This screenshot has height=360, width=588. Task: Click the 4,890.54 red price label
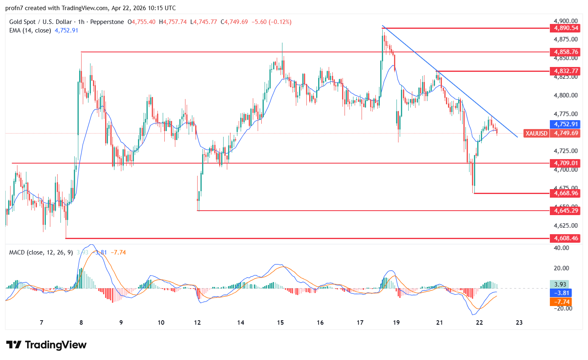pos(564,28)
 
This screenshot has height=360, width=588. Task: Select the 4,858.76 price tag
pos(564,52)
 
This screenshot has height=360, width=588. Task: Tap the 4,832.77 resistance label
pos(564,71)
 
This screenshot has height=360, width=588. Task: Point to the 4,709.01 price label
pos(564,163)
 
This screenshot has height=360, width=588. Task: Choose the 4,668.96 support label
pos(564,193)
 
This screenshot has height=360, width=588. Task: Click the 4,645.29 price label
pos(564,210)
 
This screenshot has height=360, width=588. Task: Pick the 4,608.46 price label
pos(564,238)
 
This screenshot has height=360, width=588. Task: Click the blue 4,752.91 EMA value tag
pos(564,125)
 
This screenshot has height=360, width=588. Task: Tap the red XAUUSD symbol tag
pos(536,133)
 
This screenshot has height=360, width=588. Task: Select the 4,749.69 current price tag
pos(564,133)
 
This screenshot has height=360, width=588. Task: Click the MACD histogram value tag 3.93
pos(560,285)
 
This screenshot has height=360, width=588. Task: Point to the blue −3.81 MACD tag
pos(560,293)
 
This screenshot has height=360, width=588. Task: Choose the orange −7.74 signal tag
pos(560,302)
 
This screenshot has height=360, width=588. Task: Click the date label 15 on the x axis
pos(280,323)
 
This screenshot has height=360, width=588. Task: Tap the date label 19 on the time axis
pos(396,323)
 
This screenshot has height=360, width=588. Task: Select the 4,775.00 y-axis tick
pos(565,114)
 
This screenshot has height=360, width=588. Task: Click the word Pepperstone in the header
pos(107,22)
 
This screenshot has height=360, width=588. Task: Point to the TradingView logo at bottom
pos(46,345)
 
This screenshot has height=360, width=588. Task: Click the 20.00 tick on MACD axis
pos(561,268)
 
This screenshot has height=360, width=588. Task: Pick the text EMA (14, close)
pos(30,30)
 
